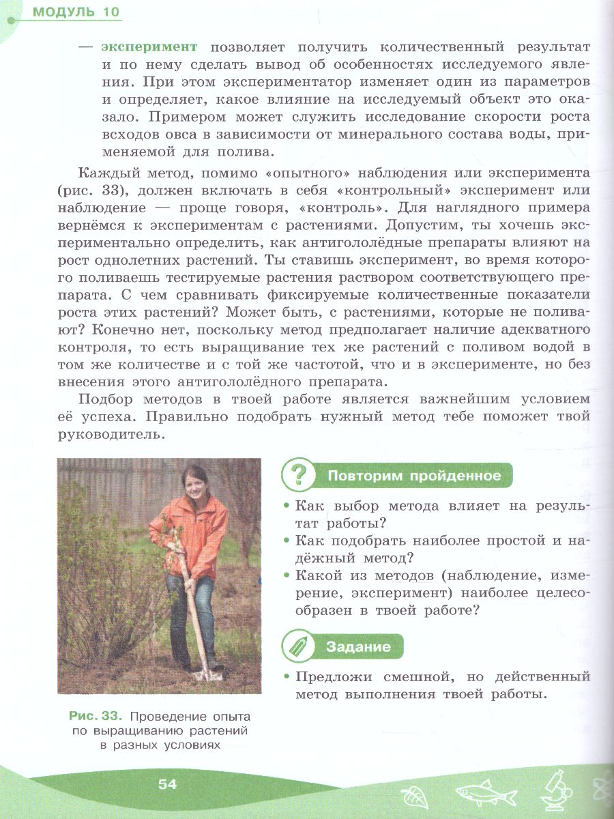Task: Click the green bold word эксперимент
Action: point(149,46)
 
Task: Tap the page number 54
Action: point(167,784)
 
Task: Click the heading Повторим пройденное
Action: point(414,476)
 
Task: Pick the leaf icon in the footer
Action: point(413,796)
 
